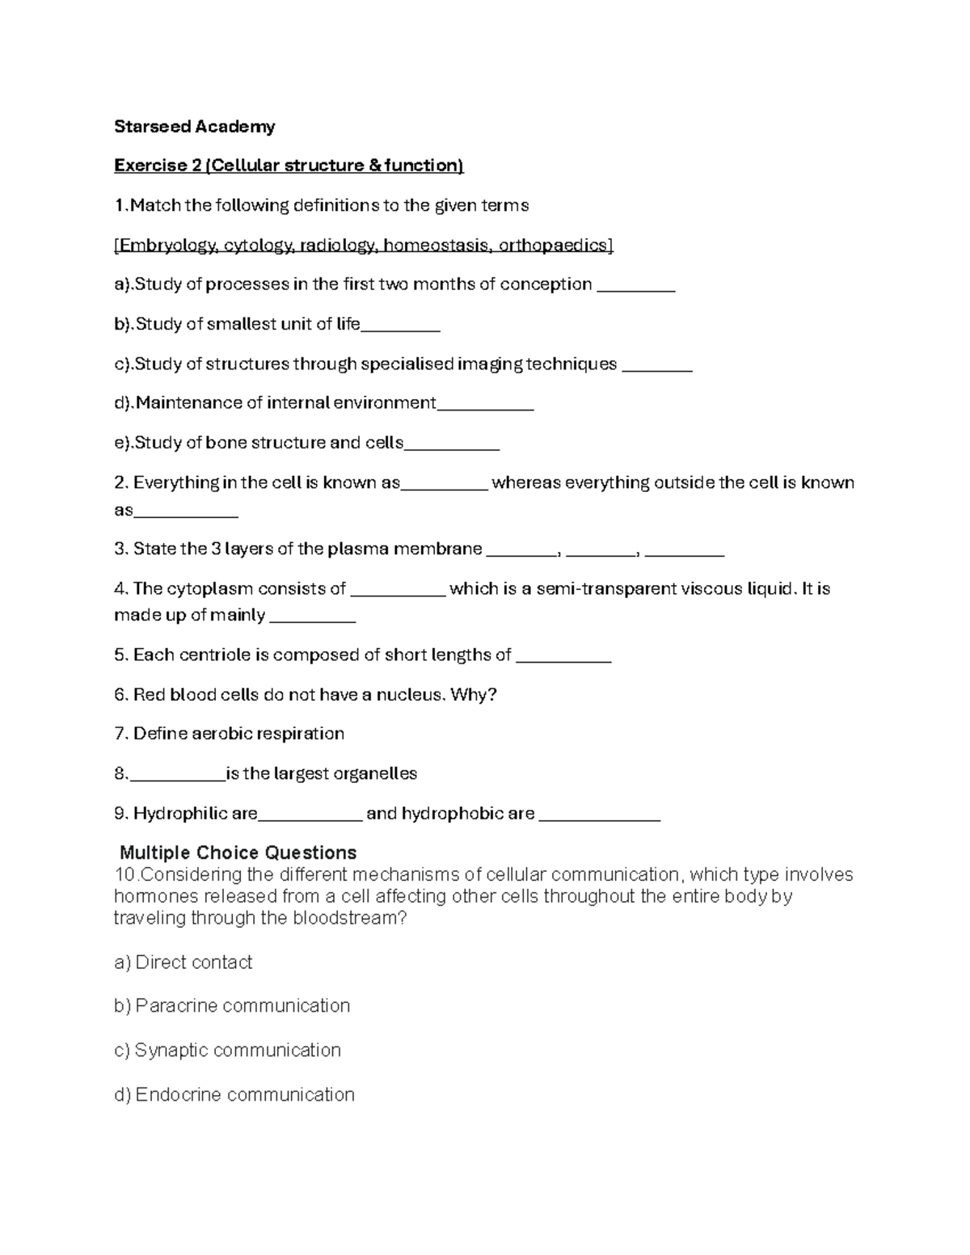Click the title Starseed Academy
coord(194,126)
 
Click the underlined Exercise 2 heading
coord(289,166)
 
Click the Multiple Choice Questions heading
coord(238,853)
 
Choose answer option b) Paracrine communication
coord(232,1006)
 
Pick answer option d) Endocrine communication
coord(234,1095)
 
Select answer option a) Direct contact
coord(183,962)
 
